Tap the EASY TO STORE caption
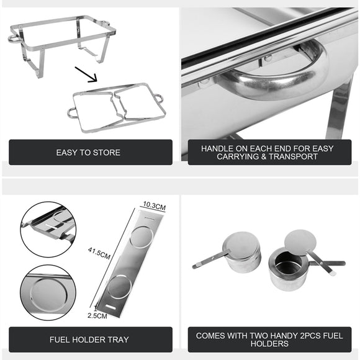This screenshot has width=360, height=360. pos(88,152)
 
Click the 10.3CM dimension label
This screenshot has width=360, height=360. pos(152,204)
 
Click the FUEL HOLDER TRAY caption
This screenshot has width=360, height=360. pos(89,340)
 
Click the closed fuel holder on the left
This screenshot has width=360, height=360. pos(242,253)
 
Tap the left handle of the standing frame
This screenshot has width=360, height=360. pos(14,38)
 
